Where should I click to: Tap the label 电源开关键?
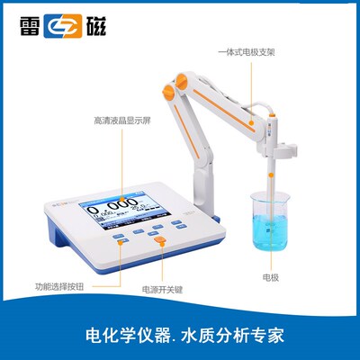[163, 292]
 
